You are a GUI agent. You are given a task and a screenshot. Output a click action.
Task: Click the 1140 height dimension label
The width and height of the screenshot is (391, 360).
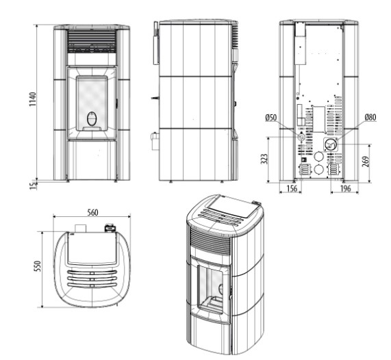[33, 99]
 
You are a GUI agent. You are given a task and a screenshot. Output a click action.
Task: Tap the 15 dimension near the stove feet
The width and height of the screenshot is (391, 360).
[33, 185]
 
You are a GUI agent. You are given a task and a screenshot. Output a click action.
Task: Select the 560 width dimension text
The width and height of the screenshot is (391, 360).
[92, 212]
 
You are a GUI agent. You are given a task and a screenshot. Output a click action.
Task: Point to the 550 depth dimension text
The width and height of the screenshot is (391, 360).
[38, 266]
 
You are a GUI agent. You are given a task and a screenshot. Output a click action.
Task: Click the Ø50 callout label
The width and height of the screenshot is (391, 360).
[270, 117]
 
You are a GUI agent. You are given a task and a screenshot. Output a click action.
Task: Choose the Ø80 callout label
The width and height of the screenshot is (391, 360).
[370, 117]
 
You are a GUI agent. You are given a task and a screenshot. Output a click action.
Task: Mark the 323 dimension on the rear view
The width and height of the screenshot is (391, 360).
[264, 159]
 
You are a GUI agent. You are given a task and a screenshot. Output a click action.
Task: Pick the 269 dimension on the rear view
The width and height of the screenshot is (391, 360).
[365, 162]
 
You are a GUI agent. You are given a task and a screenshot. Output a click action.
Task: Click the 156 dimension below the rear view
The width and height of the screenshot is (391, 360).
[291, 188]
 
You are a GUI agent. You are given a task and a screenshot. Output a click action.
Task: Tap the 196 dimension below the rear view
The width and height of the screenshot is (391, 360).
[345, 188]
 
